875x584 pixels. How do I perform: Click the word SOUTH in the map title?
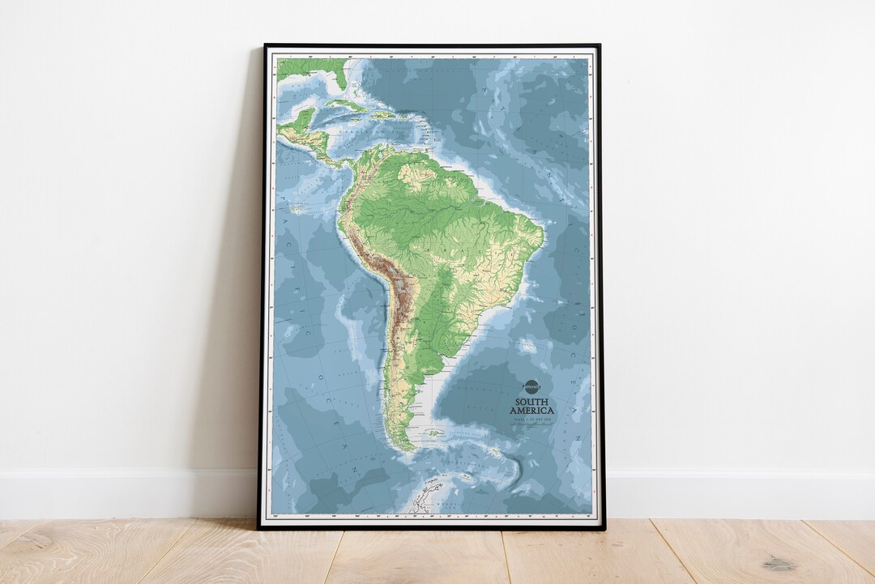pyautogui.click(x=531, y=401)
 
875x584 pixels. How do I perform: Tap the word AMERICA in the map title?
pyautogui.click(x=531, y=411)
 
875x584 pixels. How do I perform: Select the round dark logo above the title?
pyautogui.click(x=531, y=387)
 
